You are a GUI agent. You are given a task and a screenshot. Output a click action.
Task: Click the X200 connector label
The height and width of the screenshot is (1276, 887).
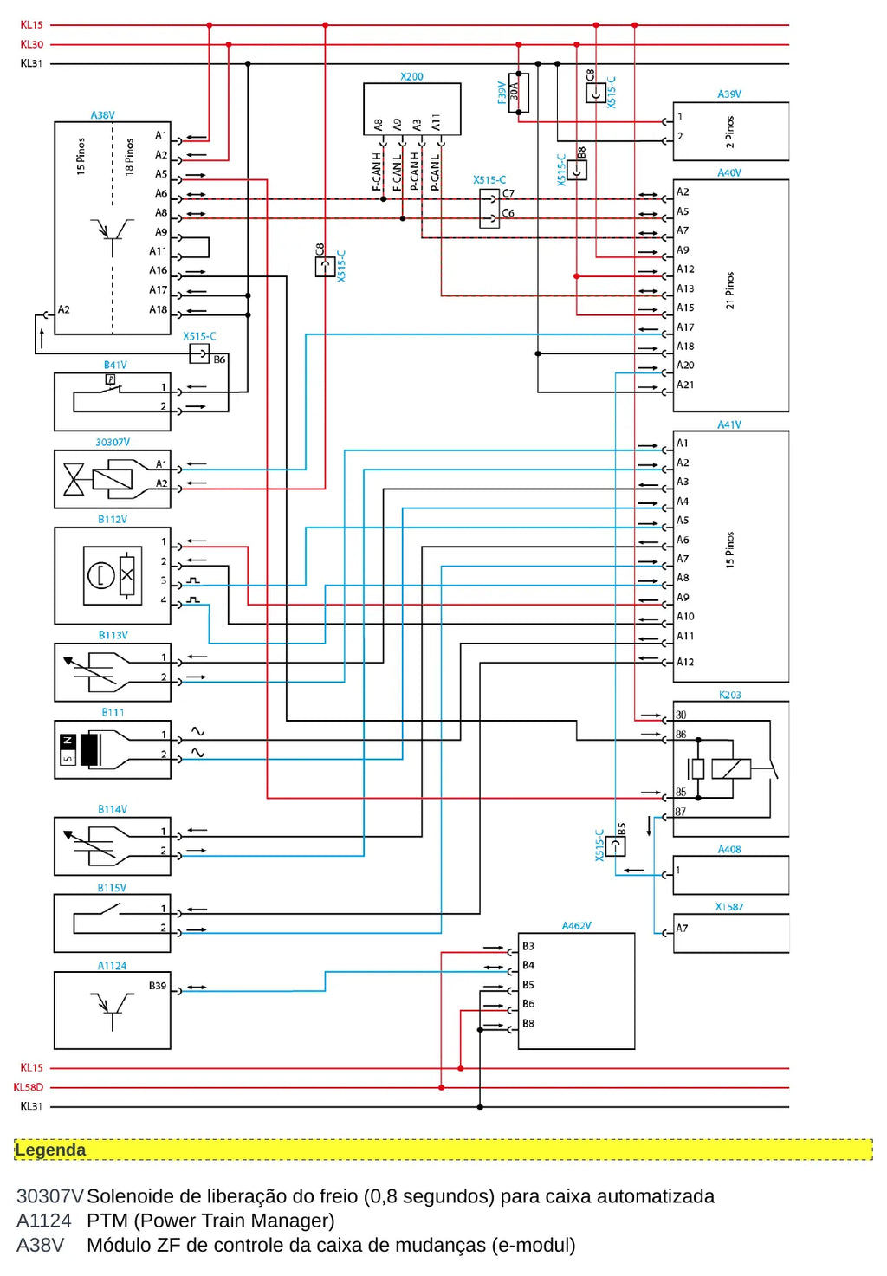411,76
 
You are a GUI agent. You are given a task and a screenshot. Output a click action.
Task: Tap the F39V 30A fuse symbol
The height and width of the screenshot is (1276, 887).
518,93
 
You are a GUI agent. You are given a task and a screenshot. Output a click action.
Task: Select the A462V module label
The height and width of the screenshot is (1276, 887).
576,926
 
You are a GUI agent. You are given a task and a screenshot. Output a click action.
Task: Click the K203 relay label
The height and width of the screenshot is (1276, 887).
729,695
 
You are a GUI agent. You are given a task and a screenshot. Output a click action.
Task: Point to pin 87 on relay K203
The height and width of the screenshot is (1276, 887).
680,812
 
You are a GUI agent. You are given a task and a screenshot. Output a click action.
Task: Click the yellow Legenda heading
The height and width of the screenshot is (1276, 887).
50,1150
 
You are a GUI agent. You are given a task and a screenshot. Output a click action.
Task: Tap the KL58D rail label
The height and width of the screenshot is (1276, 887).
28,1087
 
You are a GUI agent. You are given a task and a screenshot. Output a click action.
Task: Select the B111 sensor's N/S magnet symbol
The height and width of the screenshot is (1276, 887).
68,749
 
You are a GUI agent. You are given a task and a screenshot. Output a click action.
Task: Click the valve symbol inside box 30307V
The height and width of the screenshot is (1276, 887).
74,478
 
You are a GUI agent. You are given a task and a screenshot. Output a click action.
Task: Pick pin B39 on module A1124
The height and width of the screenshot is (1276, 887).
158,986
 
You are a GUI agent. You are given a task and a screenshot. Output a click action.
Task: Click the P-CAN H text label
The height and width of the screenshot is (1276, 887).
414,171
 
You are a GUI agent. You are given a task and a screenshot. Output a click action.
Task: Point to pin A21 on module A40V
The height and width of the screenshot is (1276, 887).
685,385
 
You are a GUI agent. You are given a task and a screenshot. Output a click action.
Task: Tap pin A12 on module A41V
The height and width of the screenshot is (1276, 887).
685,662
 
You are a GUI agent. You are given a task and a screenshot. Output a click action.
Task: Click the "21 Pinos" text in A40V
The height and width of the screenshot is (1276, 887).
729,290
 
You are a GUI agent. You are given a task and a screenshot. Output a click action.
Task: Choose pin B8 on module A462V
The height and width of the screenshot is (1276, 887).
528,1024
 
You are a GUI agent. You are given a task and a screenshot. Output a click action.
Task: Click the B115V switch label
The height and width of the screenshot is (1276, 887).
112,888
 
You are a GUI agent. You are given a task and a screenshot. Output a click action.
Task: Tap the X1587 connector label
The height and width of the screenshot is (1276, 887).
729,907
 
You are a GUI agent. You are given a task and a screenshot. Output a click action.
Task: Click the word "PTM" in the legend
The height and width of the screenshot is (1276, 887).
107,1221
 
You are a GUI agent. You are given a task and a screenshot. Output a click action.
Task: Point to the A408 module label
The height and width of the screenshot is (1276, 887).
729,849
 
